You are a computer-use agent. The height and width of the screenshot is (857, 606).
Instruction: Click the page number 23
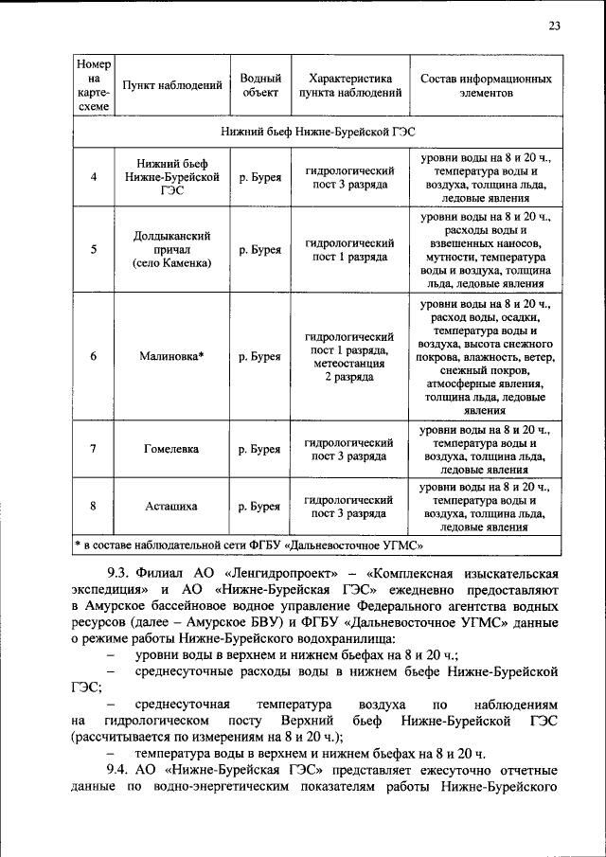pos(554,26)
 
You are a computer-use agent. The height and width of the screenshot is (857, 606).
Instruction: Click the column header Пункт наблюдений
pos(167,86)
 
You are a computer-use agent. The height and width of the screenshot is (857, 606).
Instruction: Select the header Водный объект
pos(259,86)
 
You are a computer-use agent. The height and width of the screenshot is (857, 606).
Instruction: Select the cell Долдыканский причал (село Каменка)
pos(167,250)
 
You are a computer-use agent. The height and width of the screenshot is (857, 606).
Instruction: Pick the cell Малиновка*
pos(167,357)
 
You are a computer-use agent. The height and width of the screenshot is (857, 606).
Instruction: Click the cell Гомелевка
pos(167,449)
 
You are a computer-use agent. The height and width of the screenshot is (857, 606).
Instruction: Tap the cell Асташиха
pos(167,507)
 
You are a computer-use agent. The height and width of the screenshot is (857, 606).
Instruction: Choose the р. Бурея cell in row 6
pos(259,357)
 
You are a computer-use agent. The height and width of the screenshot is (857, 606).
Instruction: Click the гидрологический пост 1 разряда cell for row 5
pos(348,250)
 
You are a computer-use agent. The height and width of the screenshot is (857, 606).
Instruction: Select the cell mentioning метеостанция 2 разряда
pos(348,357)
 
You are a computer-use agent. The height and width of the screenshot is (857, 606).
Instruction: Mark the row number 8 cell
pos(93,507)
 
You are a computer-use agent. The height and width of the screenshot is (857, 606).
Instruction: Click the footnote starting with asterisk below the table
pos(248,545)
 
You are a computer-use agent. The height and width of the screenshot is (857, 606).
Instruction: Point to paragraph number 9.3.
pos(123,575)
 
